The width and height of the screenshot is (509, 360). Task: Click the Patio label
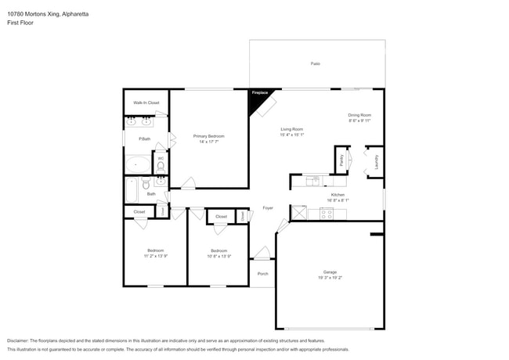click(315, 63)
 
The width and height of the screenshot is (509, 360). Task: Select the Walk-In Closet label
click(146, 103)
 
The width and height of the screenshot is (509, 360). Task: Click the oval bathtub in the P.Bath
click(140, 164)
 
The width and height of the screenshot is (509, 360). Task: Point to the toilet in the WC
click(161, 166)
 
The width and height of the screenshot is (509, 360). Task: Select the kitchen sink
click(314, 181)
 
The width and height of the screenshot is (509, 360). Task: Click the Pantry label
click(341, 160)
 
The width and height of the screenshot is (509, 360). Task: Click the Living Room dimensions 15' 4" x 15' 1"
click(291, 135)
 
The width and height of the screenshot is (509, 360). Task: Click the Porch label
click(262, 273)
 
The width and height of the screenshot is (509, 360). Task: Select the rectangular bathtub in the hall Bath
click(132, 190)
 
